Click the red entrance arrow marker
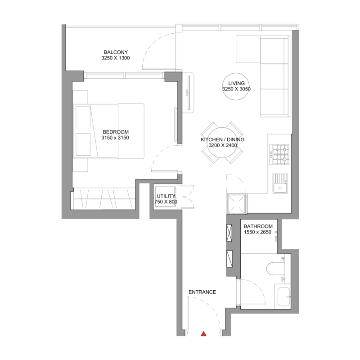pyautogui.click(x=203, y=334)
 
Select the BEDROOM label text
pyautogui.click(x=115, y=132)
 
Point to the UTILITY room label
pyautogui.click(x=166, y=196)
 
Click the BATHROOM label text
pyautogui.click(x=258, y=226)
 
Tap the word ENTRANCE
pyautogui.click(x=202, y=292)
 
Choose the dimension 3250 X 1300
pyautogui.click(x=116, y=58)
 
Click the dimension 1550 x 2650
pyautogui.click(x=258, y=232)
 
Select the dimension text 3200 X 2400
pyautogui.click(x=222, y=146)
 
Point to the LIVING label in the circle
pyautogui.click(x=236, y=83)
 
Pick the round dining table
pyautogui.click(x=222, y=143)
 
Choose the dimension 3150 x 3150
pyautogui.click(x=115, y=138)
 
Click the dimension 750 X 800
pyautogui.click(x=166, y=202)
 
